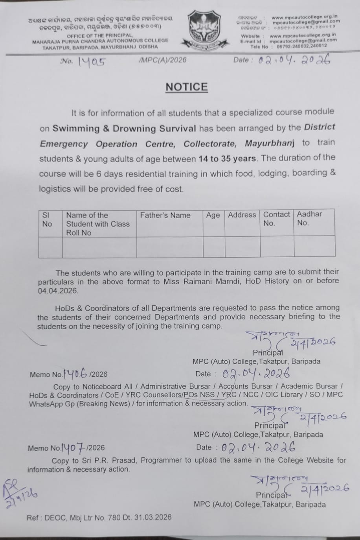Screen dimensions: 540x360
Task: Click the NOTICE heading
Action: (186, 87)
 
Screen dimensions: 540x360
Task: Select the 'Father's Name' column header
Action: (165, 216)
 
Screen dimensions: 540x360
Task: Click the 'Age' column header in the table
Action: (213, 215)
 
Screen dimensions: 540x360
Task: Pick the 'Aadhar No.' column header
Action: (309, 218)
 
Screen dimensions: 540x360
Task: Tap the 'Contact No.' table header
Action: (276, 219)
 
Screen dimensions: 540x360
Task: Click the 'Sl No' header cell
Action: (47, 219)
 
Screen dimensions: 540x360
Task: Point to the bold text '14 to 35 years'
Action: (228, 159)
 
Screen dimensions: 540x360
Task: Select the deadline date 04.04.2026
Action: (58, 291)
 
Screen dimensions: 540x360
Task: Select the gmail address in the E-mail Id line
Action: (303, 40)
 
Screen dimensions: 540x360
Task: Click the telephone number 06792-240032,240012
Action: (301, 46)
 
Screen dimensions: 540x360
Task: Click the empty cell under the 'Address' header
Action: (242, 247)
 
